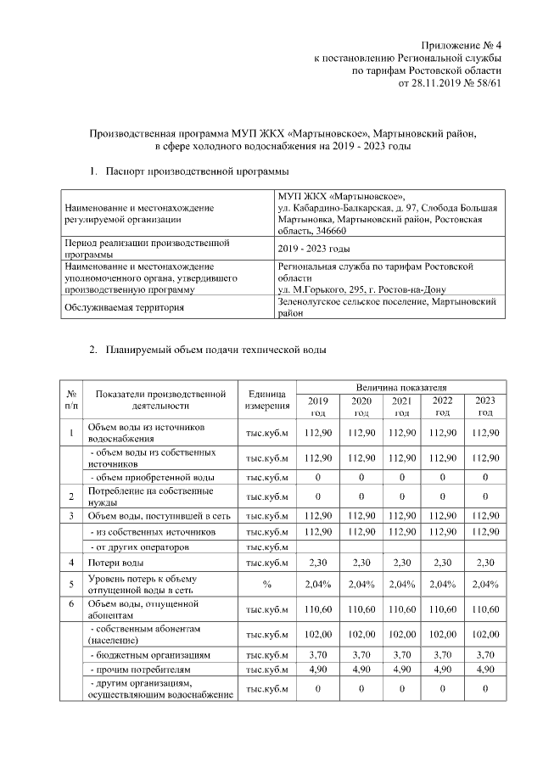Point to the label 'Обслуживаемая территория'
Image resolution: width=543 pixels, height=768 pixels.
124,307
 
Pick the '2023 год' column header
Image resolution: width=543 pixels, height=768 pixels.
485,406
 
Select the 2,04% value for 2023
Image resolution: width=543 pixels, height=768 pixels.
485,584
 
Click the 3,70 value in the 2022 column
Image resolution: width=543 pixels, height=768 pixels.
442,655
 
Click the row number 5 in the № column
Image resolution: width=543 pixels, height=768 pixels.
72,584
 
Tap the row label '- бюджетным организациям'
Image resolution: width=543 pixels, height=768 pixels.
145,655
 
